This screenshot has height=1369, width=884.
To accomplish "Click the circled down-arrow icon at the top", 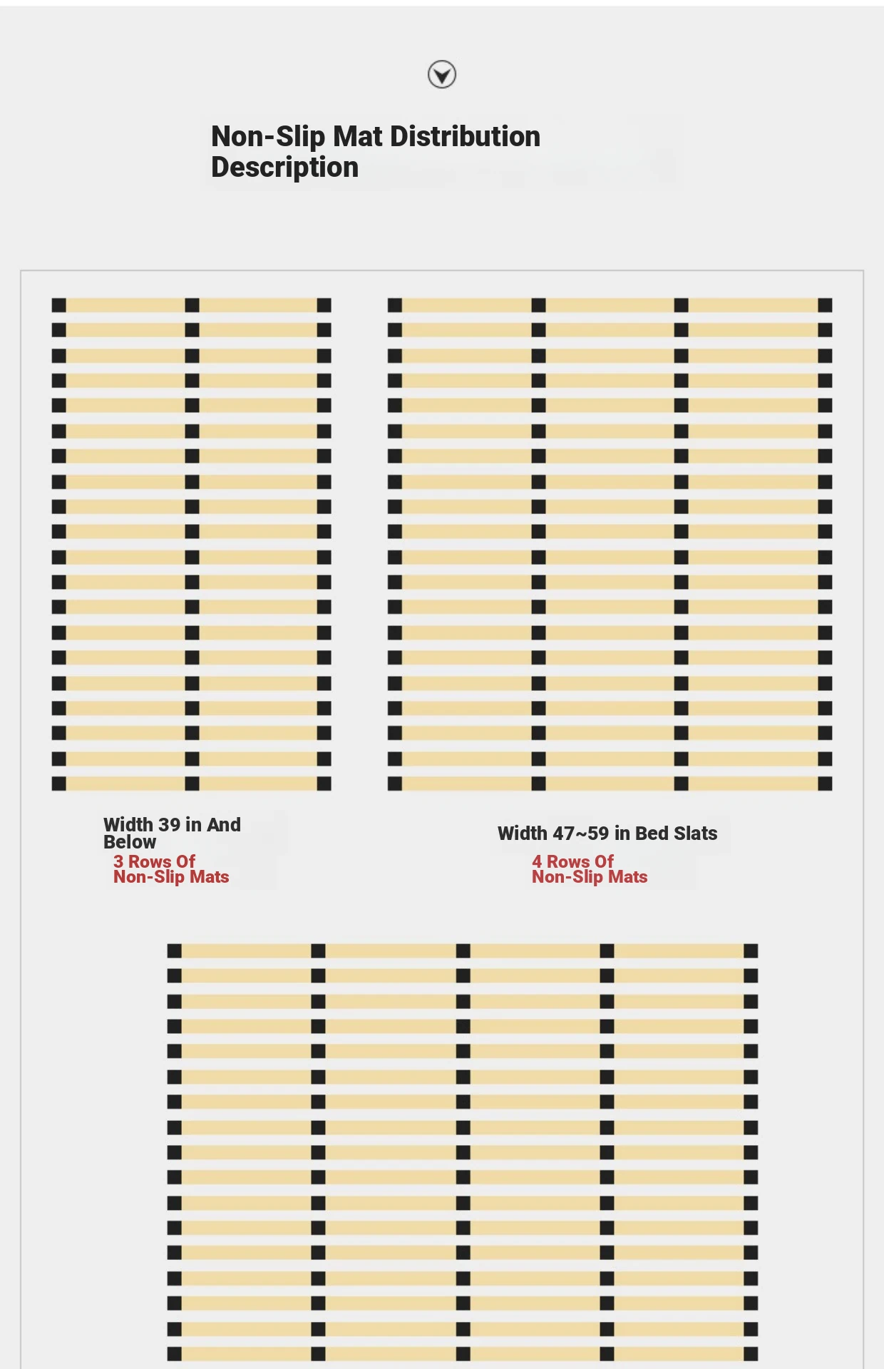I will coord(442,74).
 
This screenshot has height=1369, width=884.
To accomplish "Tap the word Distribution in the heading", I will coord(466,136).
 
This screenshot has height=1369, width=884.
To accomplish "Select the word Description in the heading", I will coord(284,168).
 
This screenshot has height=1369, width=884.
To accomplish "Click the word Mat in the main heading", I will coord(358,136).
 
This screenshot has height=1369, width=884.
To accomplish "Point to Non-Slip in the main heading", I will coord(268,136).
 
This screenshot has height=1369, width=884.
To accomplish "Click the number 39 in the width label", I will coord(169,825).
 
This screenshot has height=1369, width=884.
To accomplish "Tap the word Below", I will coord(130,842).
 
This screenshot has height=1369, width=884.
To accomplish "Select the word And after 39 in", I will coord(224,825).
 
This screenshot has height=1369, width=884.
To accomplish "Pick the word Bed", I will coord(651,834).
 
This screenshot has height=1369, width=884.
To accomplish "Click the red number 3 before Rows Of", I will coord(118,862).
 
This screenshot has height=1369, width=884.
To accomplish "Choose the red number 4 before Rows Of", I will coord(537,862).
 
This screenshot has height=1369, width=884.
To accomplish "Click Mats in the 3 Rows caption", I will coord(210,878).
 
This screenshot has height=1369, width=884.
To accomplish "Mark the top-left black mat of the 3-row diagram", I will coord(59,305).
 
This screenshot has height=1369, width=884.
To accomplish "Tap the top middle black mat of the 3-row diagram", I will coord(192,305).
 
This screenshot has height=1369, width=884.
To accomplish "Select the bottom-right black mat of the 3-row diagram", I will coord(324,784).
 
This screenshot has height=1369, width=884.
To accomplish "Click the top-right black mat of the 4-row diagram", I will coord(825,305).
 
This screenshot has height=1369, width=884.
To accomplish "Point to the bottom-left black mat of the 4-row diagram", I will coord(395,784).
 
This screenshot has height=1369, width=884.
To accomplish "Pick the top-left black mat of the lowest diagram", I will coord(175,950).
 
